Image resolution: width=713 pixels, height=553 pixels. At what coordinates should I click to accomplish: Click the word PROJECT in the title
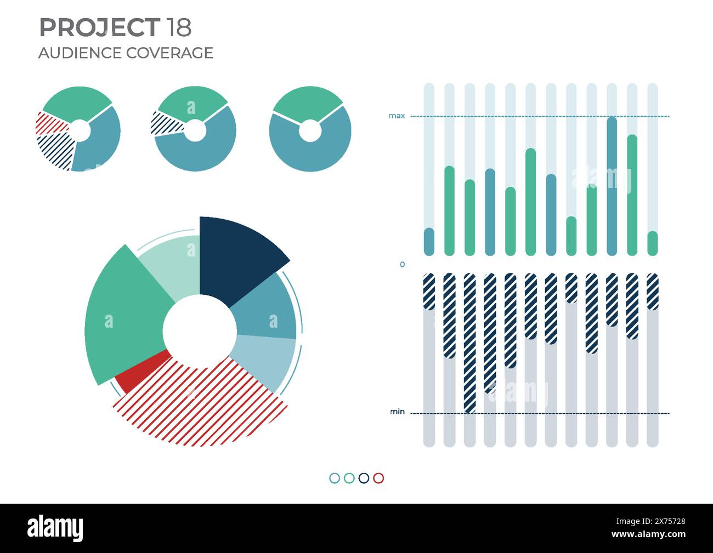point(99,27)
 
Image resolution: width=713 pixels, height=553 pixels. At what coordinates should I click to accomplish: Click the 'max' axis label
point(397,116)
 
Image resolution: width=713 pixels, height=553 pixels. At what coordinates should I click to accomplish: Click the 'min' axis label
point(397,412)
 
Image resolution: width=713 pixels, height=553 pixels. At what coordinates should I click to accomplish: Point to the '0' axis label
point(402,264)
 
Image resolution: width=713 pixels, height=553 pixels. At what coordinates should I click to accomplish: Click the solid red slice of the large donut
point(140,374)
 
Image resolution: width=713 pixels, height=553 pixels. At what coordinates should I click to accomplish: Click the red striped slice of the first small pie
point(49,123)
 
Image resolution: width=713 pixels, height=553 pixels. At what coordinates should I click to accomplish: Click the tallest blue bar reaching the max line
point(612,186)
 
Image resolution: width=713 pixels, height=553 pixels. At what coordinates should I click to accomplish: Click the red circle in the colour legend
point(378,478)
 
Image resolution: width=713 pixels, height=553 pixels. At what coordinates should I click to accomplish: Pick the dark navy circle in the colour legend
point(364,478)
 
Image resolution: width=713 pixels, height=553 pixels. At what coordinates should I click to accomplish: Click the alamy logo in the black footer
point(55,528)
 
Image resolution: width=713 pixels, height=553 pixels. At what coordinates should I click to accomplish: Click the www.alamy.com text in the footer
point(648,534)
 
